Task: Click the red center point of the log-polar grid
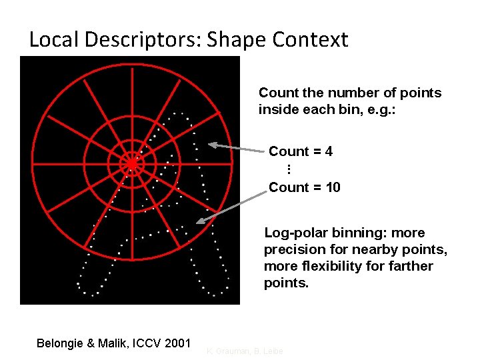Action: click(132, 163)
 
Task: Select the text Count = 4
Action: click(301, 151)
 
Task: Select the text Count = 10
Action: click(304, 187)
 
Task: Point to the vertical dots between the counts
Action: click(289, 169)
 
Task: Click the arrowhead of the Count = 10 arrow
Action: click(199, 222)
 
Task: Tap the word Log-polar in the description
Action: click(295, 233)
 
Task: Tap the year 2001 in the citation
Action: click(177, 343)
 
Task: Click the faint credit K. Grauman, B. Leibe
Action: click(245, 351)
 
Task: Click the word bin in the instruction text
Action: click(360, 109)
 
